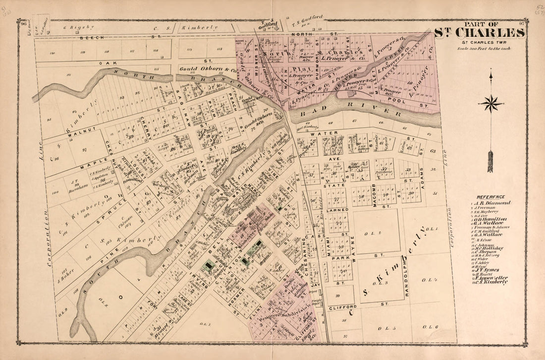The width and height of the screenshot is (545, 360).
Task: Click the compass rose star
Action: (490, 104)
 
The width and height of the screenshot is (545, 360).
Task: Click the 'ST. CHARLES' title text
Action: (480, 33)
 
